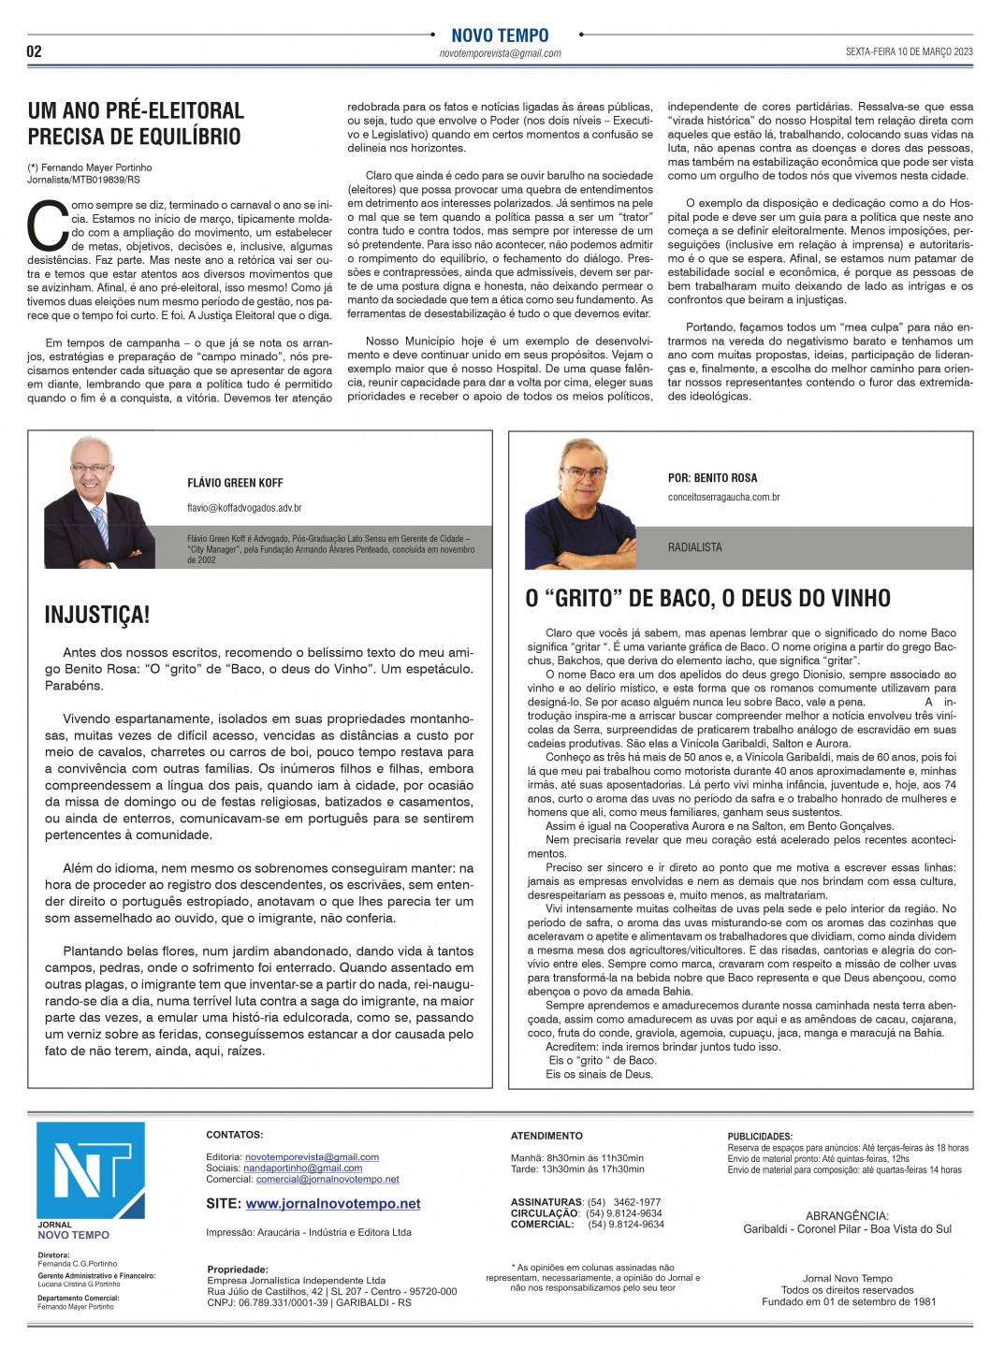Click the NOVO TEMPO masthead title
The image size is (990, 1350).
pos(500,36)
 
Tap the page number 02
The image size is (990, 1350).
pos(34,51)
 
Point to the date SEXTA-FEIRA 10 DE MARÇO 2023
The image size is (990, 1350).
pos(909,52)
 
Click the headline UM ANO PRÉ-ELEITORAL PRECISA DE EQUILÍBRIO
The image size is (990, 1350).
pos(135,123)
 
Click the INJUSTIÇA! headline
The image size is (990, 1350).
pos(97,615)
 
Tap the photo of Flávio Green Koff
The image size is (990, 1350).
pos(101,503)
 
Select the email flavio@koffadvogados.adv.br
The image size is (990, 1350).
pos(244,508)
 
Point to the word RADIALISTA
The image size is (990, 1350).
pos(694,547)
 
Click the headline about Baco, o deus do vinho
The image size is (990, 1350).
pos(707,598)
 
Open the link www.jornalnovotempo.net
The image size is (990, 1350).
pos(333,1204)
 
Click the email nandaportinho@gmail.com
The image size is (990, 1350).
pos(302,1169)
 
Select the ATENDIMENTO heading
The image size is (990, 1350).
pos(546,1136)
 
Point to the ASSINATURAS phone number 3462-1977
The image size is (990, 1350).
pos(636,1202)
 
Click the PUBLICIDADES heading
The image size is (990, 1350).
pos(760,1137)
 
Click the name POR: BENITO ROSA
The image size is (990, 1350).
pos(712,477)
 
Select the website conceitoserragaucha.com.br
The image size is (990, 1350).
pos(723,498)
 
